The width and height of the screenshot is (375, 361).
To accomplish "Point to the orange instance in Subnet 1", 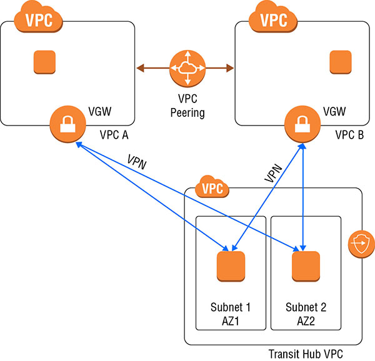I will tap(231, 267).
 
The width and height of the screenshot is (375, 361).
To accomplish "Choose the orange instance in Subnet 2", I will tap(306, 267).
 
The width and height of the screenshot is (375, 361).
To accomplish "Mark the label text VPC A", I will tap(114, 134).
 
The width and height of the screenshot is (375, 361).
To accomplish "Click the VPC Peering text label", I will tap(187, 107).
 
